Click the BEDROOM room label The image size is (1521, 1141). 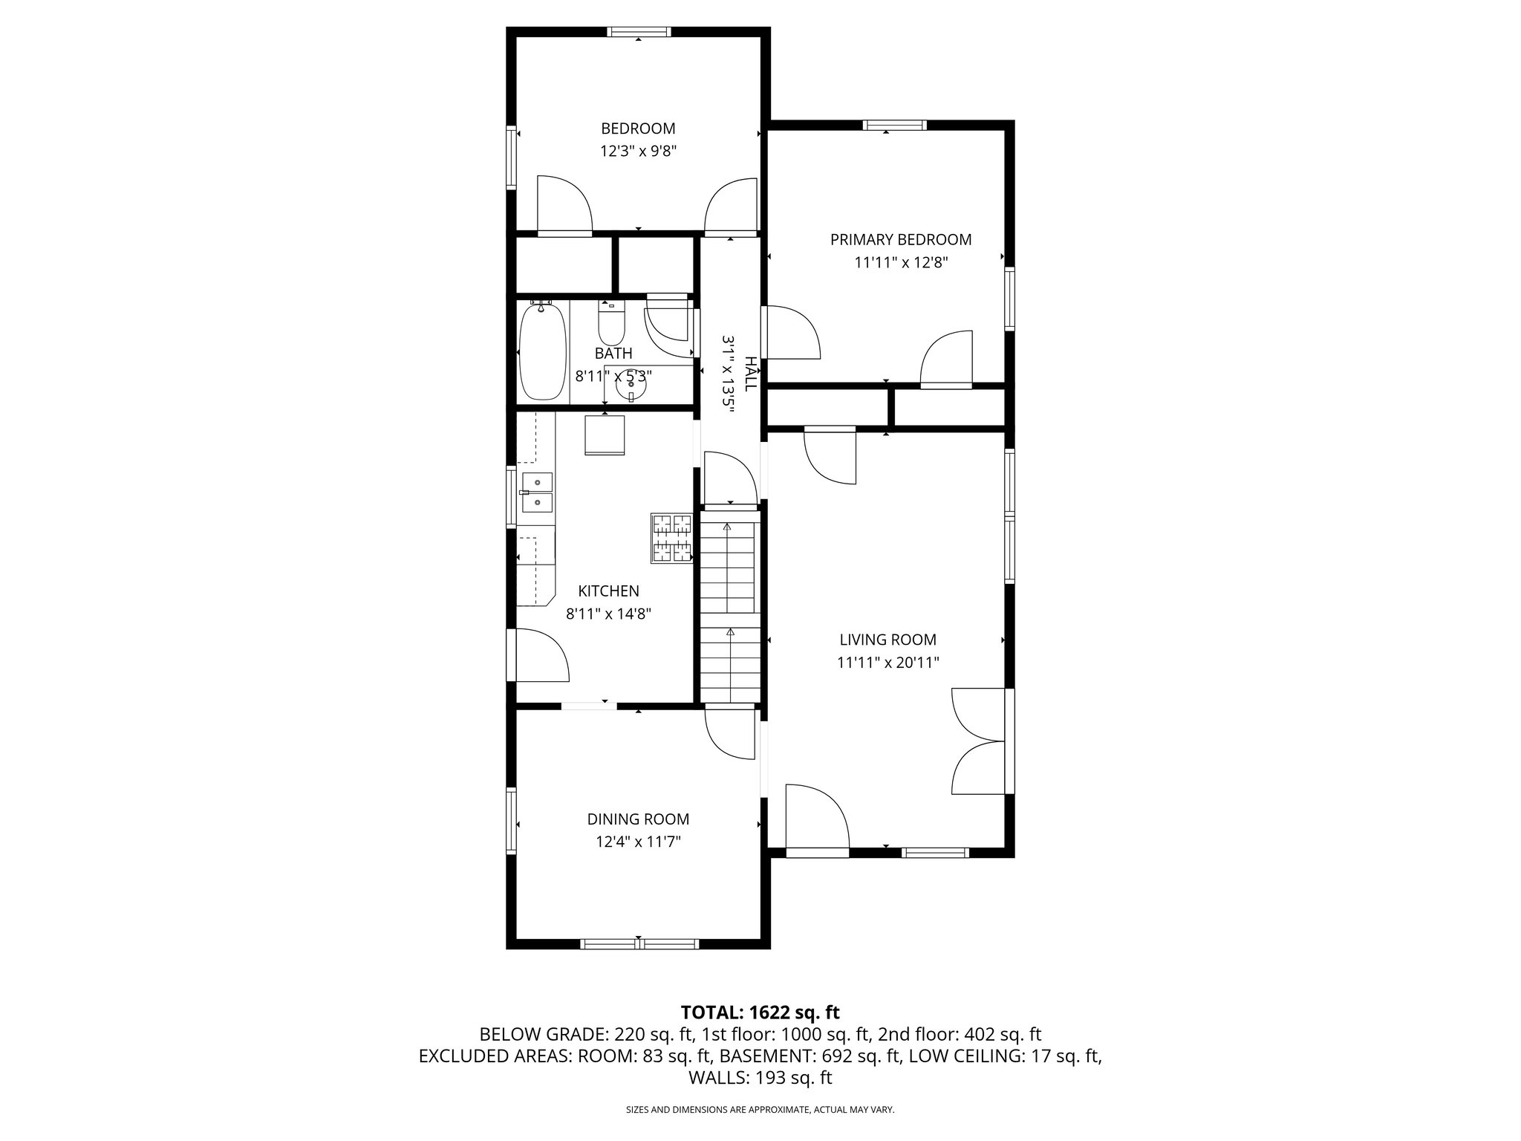[638, 129]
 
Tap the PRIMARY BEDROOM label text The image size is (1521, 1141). [900, 239]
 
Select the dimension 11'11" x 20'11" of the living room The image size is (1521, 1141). [887, 663]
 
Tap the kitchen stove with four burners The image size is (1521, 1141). [671, 538]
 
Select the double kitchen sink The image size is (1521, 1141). [537, 493]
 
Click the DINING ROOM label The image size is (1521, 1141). [638, 819]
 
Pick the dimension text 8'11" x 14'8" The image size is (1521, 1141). [608, 614]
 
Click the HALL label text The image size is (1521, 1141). [751, 374]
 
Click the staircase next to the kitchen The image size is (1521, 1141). [730, 609]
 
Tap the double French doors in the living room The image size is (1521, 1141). [979, 741]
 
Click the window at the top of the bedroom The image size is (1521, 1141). [639, 32]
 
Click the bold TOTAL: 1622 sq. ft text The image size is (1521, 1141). [760, 1012]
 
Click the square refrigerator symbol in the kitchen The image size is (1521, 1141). [605, 435]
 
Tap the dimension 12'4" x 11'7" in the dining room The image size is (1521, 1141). [638, 842]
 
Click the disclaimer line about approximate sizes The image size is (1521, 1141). [760, 1109]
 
